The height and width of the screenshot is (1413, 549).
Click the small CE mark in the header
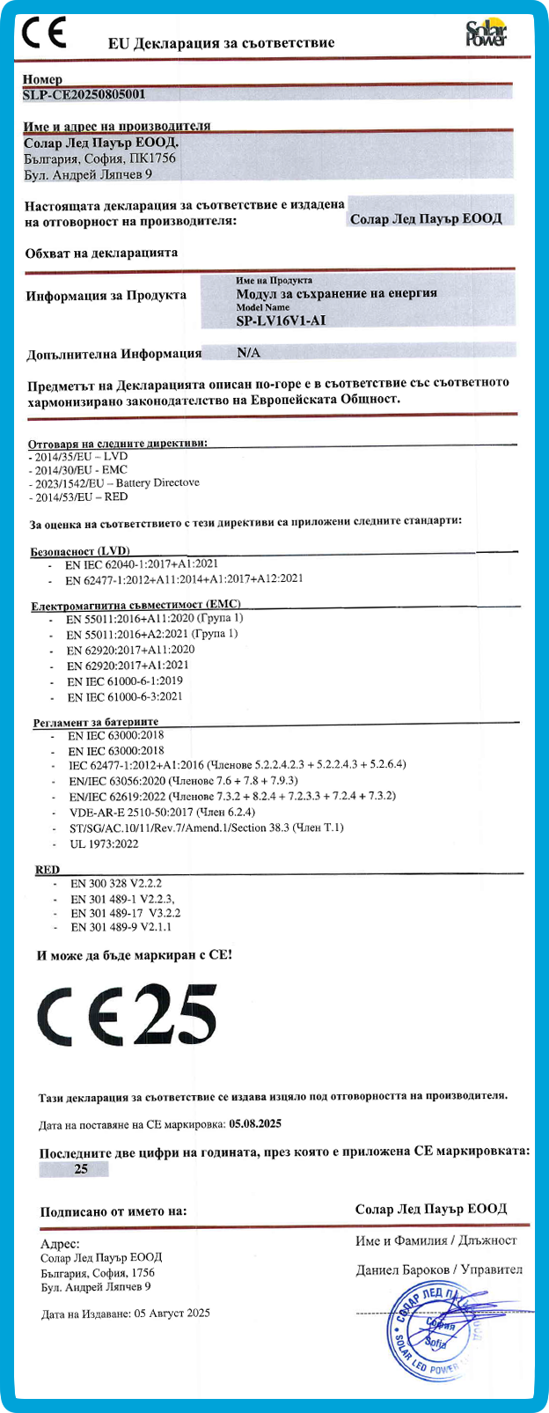coord(43,33)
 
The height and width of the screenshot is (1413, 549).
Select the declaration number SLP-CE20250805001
coord(84,94)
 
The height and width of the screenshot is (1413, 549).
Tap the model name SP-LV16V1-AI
coord(281,321)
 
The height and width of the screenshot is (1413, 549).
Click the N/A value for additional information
coord(249,353)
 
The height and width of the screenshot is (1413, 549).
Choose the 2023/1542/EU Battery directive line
coord(114,483)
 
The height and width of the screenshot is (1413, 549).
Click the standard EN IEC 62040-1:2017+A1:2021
coord(142,563)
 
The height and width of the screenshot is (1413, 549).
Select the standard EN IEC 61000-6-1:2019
coord(125,681)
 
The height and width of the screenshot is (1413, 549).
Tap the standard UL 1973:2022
coord(104,844)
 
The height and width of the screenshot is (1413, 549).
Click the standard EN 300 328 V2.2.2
coord(116,883)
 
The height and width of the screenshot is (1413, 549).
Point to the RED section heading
coord(48,870)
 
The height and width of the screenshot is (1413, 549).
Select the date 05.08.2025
coord(255,1124)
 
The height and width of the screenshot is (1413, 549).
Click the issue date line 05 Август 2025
coord(126,1314)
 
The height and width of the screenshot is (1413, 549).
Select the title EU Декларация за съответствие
coord(221,42)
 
